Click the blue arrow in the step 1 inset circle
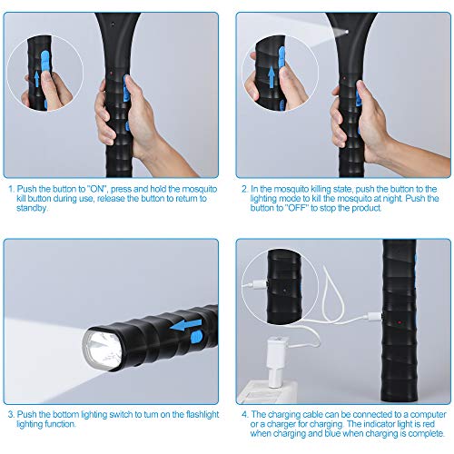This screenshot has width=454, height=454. click(36, 79)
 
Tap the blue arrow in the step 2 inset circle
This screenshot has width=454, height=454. click(271, 77)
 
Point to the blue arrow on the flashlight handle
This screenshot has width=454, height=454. click(186, 325)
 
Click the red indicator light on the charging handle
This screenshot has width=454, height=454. click(400, 322)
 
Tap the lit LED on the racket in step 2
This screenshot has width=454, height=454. click(346, 32)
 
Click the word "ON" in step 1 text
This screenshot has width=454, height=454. click(97, 189)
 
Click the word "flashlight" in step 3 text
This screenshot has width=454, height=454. click(202, 415)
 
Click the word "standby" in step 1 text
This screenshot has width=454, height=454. click(32, 208)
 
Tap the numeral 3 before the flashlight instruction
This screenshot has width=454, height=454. click(11, 414)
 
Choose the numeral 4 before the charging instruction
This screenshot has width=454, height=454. click(245, 414)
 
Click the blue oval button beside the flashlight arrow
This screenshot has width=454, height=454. click(196, 337)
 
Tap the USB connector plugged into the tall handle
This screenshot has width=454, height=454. click(374, 317)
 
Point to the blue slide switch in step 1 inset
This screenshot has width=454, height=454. click(44, 61)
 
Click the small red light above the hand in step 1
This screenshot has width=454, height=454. click(111, 73)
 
